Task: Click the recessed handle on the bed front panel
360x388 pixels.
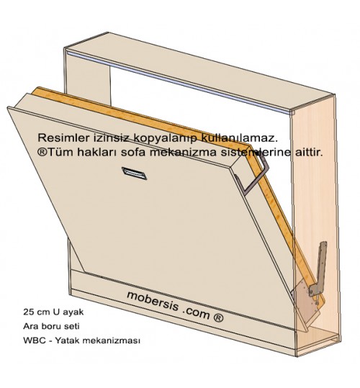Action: tap(134, 173)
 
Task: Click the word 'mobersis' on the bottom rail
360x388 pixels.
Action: tap(153, 302)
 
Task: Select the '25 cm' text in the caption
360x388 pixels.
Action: tap(37, 312)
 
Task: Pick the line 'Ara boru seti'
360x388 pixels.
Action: tap(51, 326)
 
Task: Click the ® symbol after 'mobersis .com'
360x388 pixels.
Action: tap(217, 317)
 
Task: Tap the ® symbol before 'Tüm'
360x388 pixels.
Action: tap(42, 152)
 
